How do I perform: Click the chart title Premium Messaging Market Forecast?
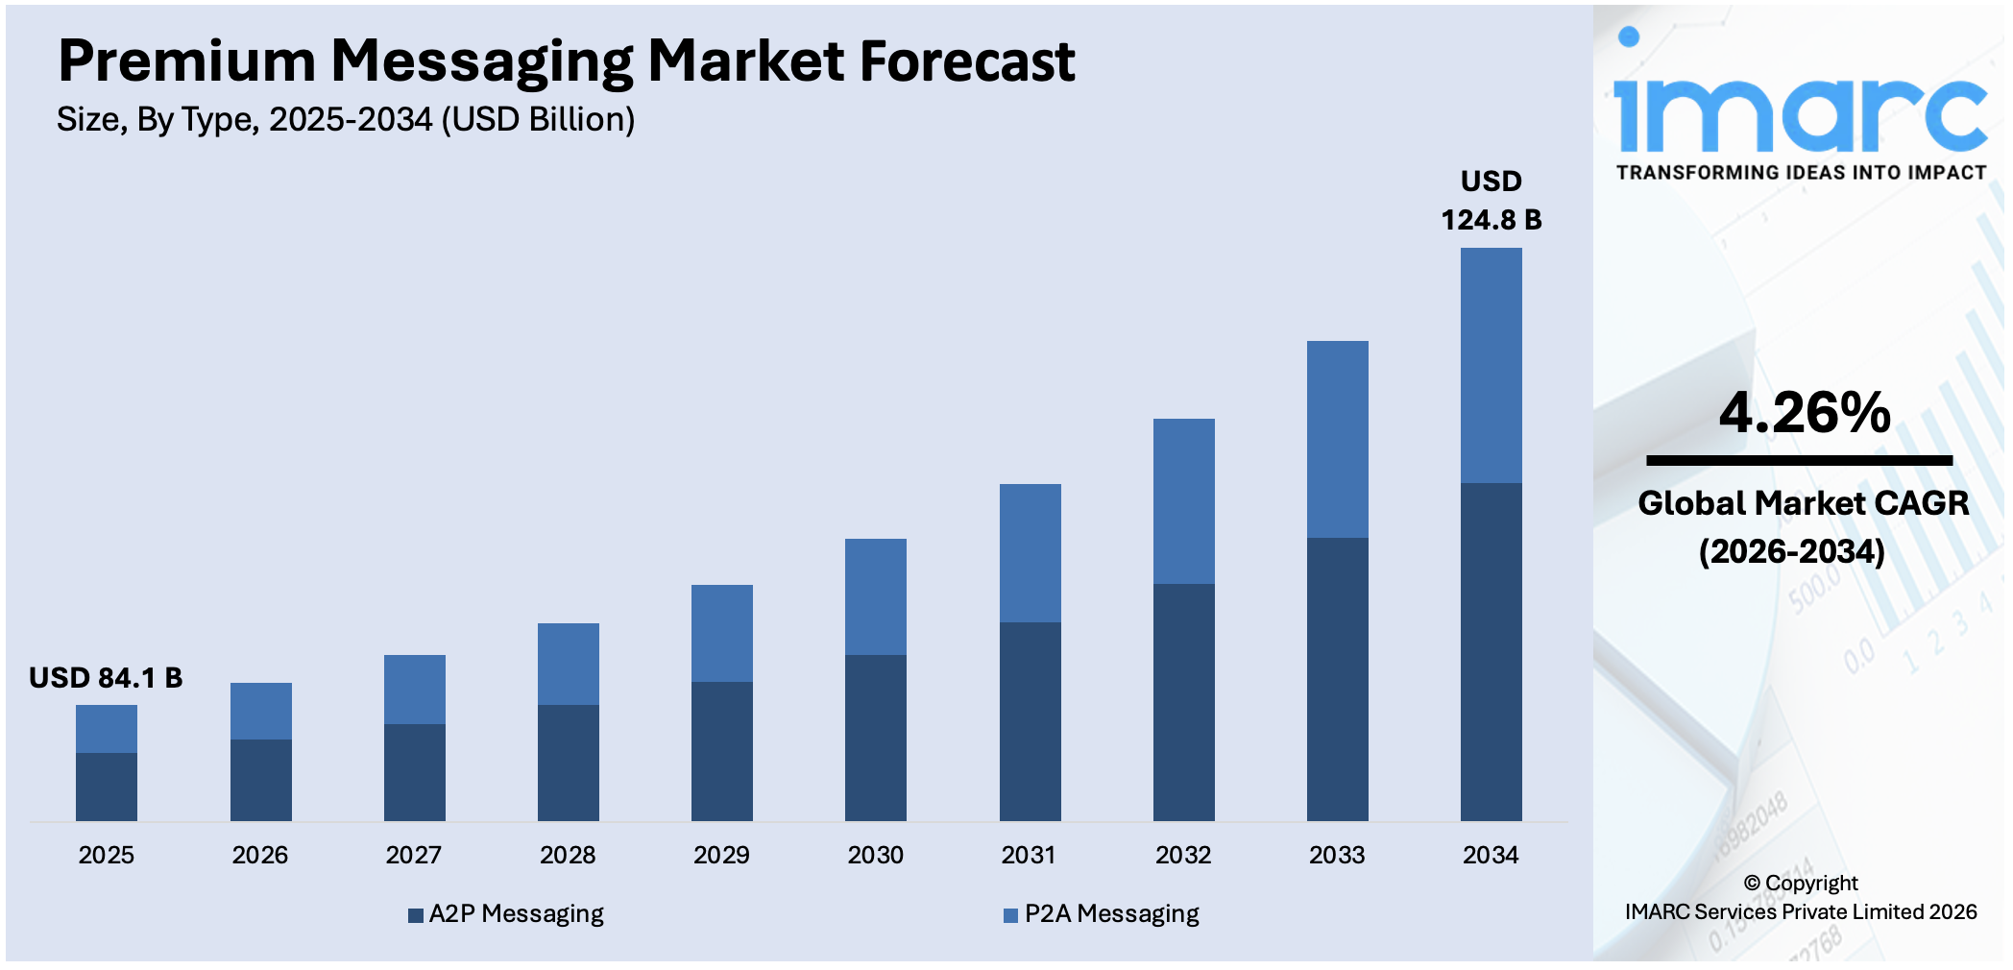(566, 61)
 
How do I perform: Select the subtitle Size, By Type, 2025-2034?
(345, 120)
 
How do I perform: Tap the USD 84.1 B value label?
(106, 678)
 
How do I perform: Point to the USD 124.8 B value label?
(1491, 202)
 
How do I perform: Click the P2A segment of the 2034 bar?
(1491, 365)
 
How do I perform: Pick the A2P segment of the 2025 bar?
(107, 787)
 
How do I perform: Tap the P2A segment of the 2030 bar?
(875, 596)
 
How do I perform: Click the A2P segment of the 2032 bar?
(1183, 702)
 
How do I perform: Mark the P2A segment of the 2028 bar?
(568, 664)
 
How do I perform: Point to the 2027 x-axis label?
(413, 855)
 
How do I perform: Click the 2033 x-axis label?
(1337, 855)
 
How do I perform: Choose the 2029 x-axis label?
(721, 855)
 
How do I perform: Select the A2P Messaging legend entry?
(506, 914)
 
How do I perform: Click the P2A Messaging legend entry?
(1102, 914)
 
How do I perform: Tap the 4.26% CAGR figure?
(1805, 413)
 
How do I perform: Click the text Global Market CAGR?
(1803, 503)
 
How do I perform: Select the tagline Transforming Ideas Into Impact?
(1801, 173)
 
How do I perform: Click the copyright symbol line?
(1801, 884)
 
